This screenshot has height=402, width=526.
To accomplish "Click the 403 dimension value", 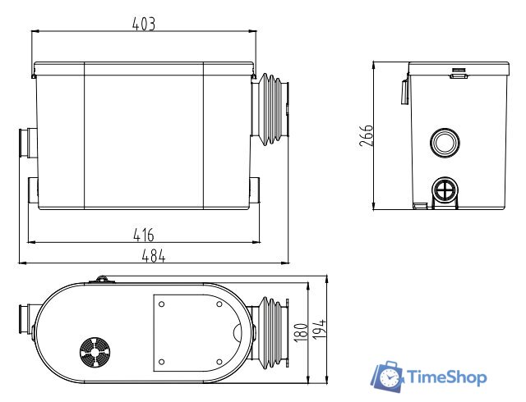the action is click(144, 24).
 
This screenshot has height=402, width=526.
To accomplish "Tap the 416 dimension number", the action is click(144, 235).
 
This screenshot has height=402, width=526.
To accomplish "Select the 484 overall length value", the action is click(154, 257).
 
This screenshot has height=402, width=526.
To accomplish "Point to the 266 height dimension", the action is click(366, 135).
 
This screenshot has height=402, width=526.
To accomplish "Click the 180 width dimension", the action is click(300, 332).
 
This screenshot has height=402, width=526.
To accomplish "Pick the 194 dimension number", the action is click(319, 329).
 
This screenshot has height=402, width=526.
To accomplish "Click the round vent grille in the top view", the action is click(95, 352).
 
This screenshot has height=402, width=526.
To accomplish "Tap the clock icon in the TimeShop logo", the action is click(389, 377).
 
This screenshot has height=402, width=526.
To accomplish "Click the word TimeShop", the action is click(446, 377).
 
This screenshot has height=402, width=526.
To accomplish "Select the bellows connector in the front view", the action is click(270, 109).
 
